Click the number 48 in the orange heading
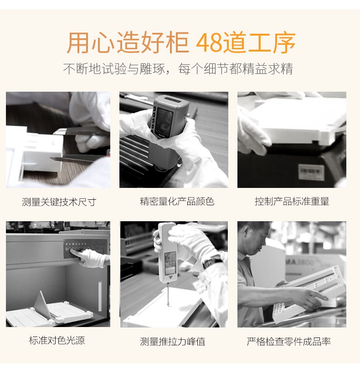(209, 42)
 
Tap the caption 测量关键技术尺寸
(59, 202)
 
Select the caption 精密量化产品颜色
(177, 202)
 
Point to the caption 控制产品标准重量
(292, 202)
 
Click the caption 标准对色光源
(57, 340)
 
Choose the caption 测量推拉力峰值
(172, 342)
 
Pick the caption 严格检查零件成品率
(288, 342)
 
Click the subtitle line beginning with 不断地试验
(178, 69)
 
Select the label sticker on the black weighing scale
(311, 172)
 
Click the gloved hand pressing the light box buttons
(91, 257)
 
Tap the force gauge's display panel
(170, 263)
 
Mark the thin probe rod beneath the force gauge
(168, 294)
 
